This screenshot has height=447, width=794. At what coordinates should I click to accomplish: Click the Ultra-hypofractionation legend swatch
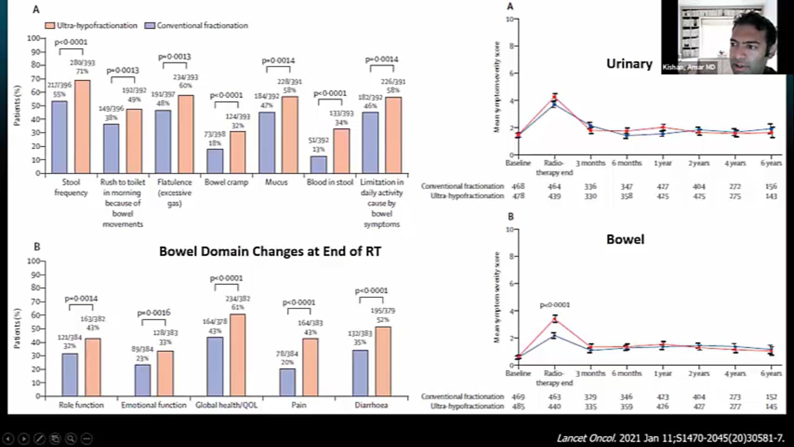50,26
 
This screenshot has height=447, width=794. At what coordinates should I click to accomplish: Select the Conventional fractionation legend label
202,26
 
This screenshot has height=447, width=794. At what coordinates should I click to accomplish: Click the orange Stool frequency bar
82,127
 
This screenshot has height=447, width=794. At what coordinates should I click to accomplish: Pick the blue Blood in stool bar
318,164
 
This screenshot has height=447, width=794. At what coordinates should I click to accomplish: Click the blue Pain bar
287,382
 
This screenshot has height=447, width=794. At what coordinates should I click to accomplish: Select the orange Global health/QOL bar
237,355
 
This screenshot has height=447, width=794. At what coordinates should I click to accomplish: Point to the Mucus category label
276,182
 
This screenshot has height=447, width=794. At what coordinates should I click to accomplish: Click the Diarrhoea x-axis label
371,405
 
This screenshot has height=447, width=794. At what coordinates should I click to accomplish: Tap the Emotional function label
153,405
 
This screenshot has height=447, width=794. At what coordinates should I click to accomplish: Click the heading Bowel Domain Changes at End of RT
270,251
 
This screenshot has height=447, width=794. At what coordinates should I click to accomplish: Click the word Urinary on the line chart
629,64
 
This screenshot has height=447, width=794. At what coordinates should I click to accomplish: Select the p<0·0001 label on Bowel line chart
555,305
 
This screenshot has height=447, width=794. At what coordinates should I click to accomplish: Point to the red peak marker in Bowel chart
555,319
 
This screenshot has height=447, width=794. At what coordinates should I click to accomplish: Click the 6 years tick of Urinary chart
771,163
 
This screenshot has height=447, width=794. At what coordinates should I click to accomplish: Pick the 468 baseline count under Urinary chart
518,187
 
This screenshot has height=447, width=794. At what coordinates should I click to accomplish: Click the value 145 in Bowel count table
771,406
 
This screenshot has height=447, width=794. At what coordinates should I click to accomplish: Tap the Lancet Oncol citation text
670,438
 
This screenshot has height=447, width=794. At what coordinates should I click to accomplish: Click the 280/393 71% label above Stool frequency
82,67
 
